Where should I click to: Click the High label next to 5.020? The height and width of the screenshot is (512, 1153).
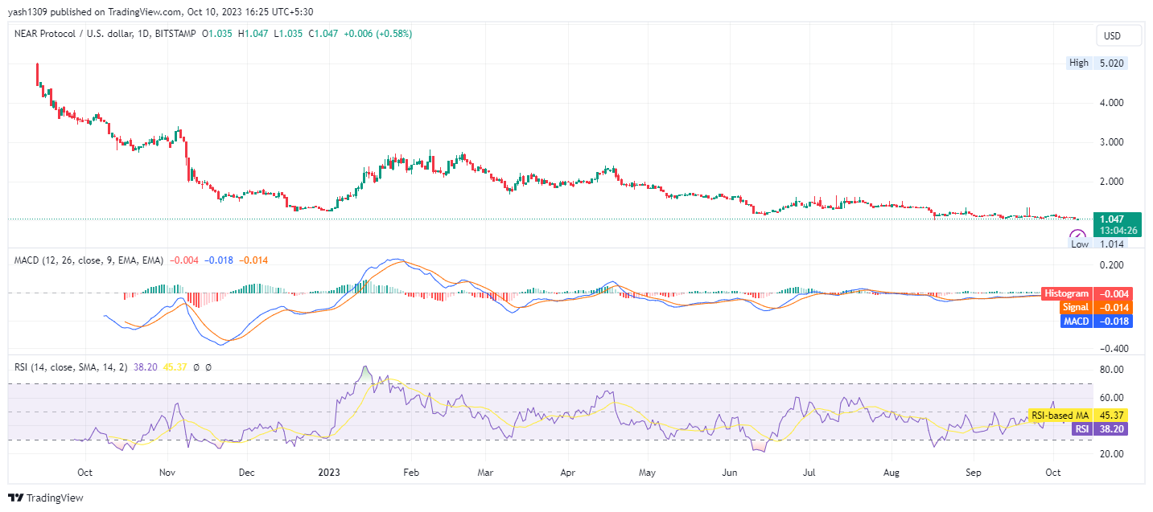[1078, 63]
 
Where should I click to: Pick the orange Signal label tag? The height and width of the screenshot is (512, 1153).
[1075, 308]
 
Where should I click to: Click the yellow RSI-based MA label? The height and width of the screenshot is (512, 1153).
[1060, 416]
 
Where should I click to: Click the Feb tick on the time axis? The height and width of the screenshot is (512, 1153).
[410, 473]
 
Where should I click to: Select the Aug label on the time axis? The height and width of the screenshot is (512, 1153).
[892, 473]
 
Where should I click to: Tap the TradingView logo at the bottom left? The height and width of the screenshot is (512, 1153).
[46, 498]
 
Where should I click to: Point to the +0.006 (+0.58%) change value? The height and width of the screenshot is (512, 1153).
[377, 34]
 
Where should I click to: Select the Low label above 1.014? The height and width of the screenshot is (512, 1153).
[1079, 244]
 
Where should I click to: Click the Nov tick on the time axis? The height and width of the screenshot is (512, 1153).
[167, 473]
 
